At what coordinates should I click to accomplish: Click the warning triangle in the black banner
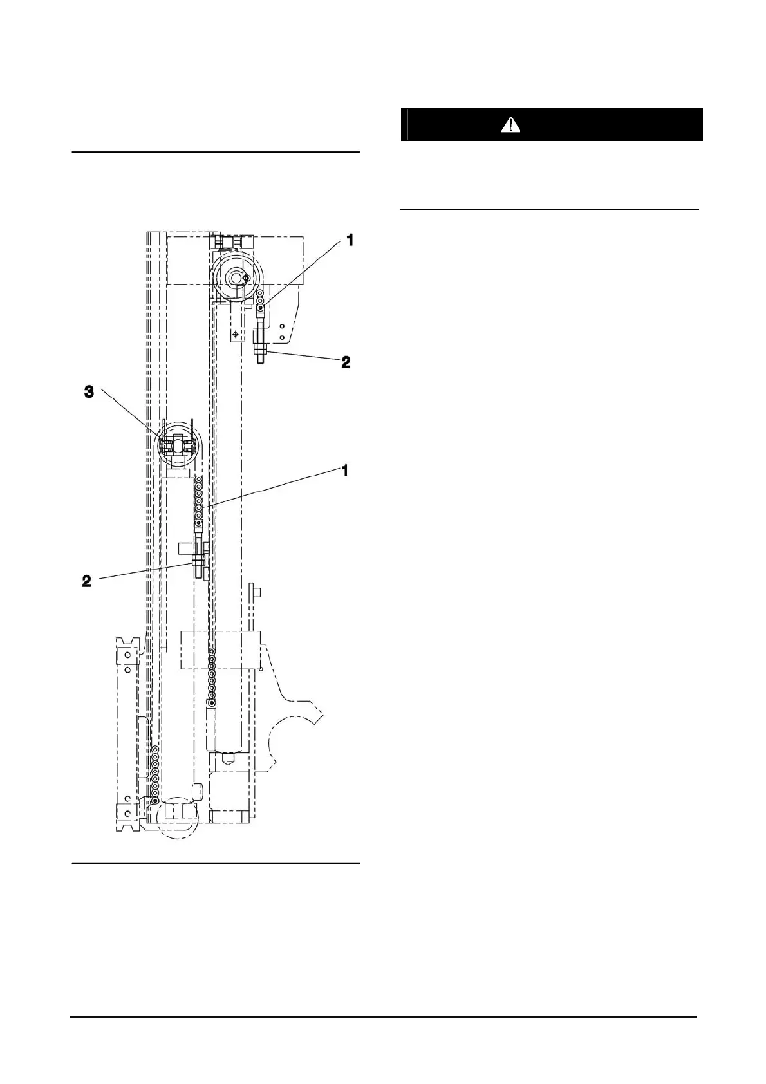tap(510, 124)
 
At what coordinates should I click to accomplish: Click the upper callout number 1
tap(350, 241)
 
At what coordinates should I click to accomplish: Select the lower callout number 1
tap(345, 471)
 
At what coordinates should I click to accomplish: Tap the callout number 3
tap(89, 392)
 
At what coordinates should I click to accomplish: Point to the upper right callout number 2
tap(346, 362)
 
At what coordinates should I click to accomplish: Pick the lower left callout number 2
tap(86, 581)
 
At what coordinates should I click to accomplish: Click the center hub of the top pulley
tap(238, 277)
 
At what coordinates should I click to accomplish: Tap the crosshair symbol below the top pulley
tap(236, 334)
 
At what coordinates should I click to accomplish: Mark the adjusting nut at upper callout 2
tap(261, 350)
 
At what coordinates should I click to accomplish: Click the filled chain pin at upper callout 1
tap(260, 308)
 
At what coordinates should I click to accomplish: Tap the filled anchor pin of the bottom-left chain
tap(155, 799)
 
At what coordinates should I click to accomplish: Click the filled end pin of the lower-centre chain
tap(212, 702)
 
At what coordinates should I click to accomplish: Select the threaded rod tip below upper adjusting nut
tap(261, 362)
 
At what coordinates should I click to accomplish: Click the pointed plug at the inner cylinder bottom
tap(227, 758)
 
